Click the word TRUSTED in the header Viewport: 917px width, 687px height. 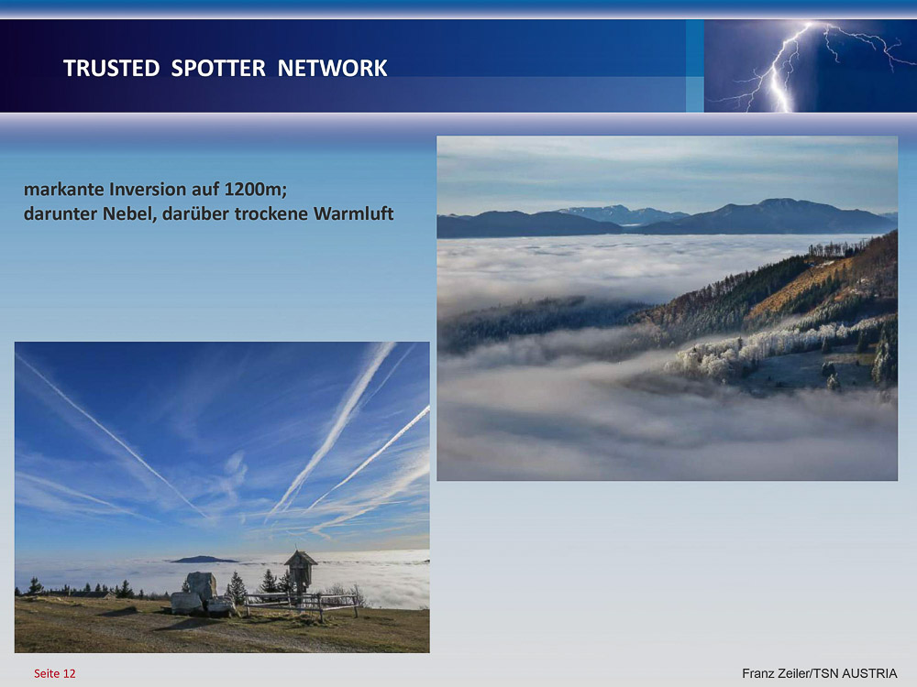click(111, 69)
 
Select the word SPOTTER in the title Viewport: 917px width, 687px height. click(218, 69)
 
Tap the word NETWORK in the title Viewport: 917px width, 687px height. click(332, 69)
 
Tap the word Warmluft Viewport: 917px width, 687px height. click(354, 213)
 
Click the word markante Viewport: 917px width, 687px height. click(64, 190)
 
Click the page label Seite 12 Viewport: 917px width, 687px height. click(55, 673)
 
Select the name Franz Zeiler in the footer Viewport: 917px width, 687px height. click(776, 673)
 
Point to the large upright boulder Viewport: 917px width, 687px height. click(201, 586)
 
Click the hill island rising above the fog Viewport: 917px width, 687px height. click(204, 559)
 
